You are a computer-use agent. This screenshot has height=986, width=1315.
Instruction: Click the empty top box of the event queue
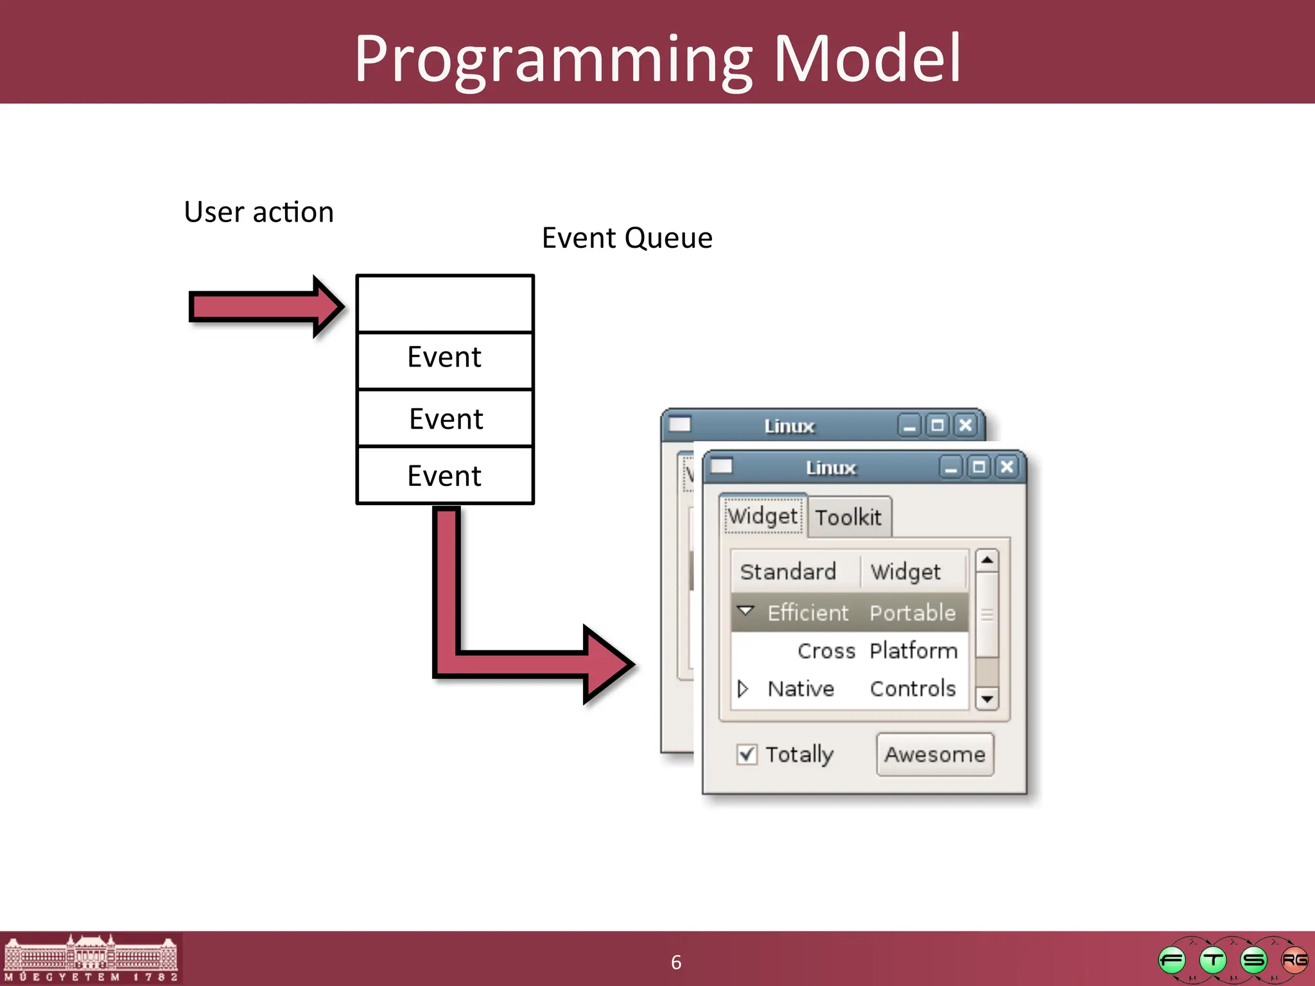coord(444,304)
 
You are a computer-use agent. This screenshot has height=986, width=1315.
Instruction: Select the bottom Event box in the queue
coord(444,476)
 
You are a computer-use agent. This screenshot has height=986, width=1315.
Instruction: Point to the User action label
coord(259,212)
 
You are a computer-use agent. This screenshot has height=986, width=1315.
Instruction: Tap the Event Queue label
coord(627,238)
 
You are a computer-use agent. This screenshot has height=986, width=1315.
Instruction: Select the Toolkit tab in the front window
coord(848,517)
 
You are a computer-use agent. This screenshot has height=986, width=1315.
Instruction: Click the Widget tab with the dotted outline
coord(763,515)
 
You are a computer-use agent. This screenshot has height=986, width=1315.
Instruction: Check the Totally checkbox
coord(747,754)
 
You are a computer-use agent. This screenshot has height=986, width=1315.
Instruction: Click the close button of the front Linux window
coord(1007,467)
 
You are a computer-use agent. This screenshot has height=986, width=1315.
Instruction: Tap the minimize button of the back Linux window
coord(909,426)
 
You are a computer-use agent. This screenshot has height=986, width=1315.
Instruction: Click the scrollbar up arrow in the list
coord(987,560)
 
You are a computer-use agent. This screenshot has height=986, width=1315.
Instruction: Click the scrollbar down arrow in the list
coord(987,698)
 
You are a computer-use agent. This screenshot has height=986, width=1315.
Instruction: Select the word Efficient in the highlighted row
coord(808,613)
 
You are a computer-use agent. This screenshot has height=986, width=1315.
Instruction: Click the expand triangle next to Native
coord(743,689)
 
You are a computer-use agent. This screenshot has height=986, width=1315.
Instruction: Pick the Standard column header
coord(788,571)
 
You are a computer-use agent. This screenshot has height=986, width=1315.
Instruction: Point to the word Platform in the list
coord(913,651)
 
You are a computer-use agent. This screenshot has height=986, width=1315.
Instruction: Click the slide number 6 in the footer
coord(675,962)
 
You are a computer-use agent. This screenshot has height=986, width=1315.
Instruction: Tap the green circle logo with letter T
coord(1213,960)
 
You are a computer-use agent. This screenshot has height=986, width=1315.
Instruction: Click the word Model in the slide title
coord(867,59)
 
